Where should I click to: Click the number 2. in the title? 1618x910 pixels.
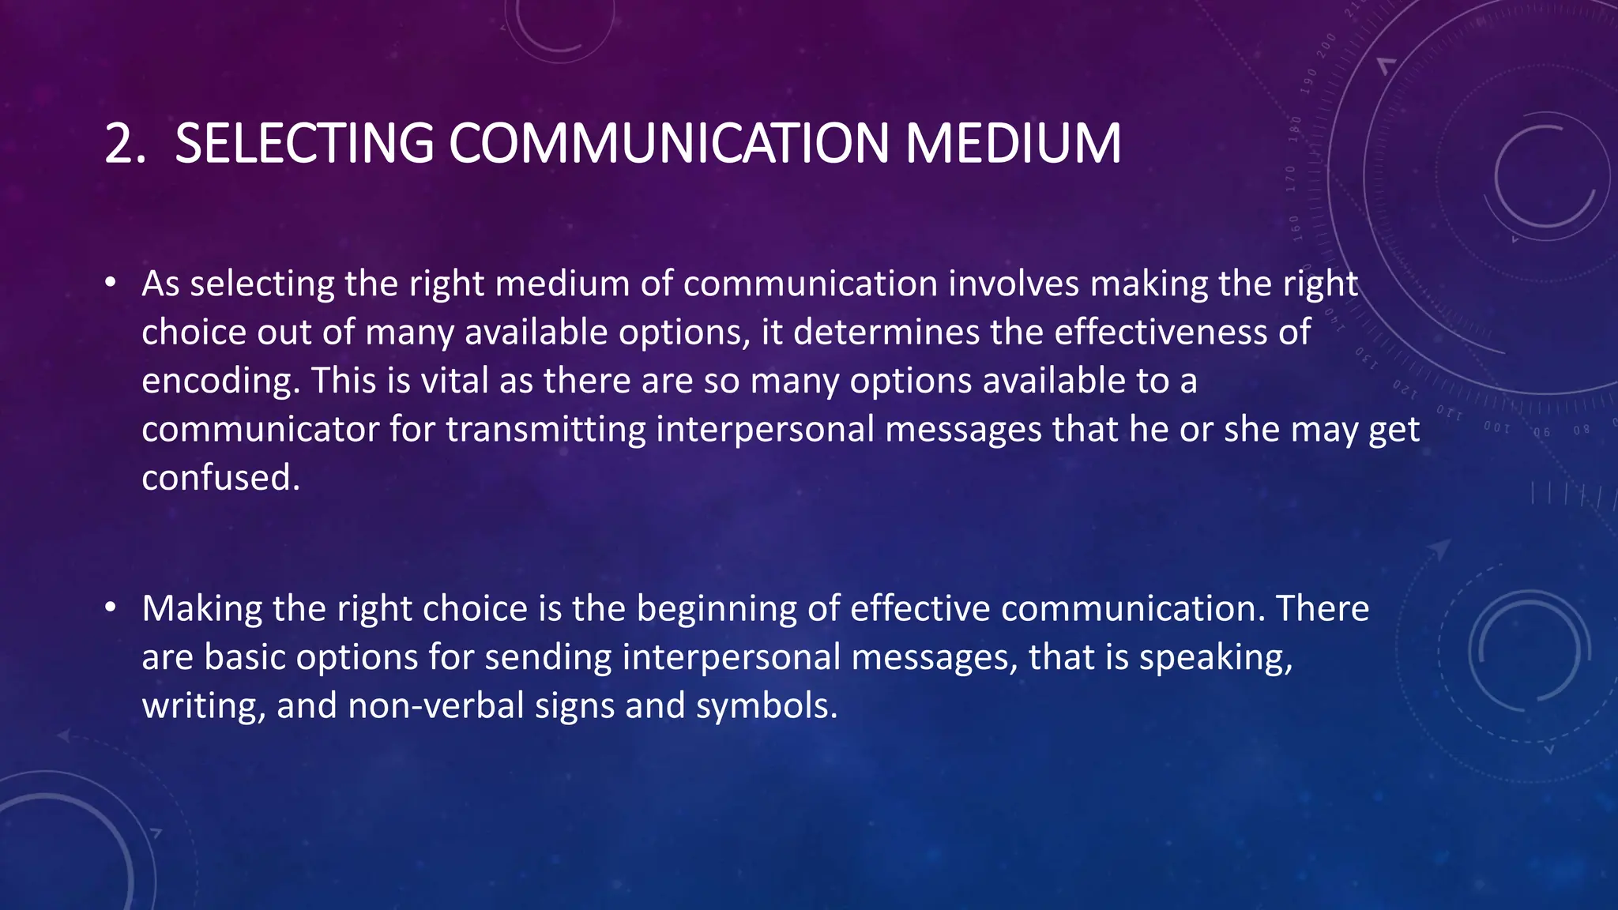[125, 144]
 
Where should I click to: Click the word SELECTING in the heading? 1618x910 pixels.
[303, 144]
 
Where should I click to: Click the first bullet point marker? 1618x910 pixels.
[111, 283]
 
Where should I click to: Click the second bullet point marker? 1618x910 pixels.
[111, 607]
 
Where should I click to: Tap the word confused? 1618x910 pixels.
[220, 478]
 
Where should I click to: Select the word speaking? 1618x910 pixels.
[1215, 657]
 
